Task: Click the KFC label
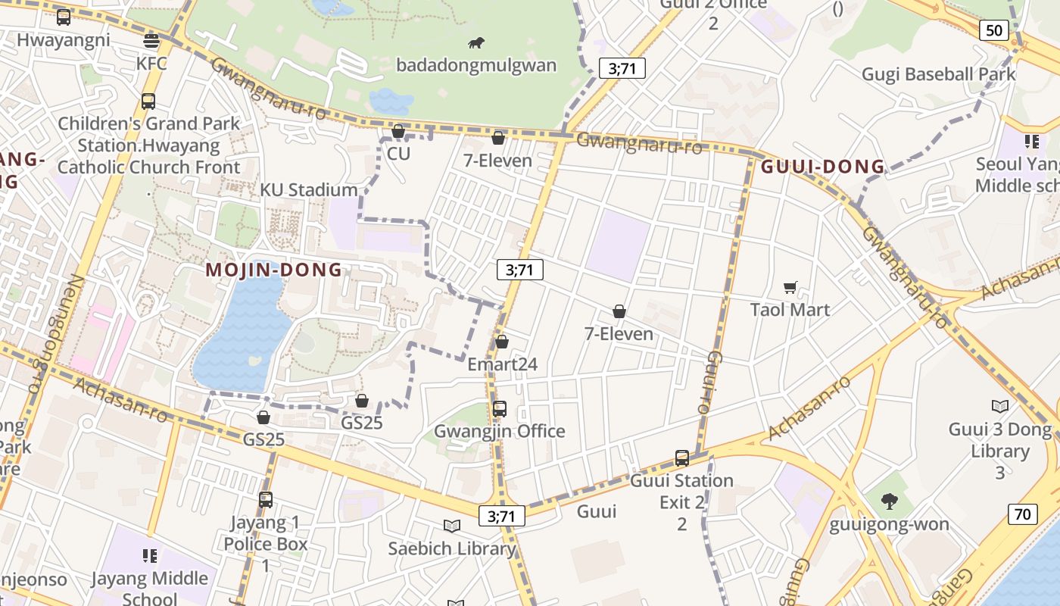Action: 151,64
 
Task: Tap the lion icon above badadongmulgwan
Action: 476,43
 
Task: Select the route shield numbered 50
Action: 993,30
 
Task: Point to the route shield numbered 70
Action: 1022,514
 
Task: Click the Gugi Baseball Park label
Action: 938,74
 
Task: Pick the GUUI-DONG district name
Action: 823,167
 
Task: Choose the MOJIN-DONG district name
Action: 274,270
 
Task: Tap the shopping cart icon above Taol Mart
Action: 790,288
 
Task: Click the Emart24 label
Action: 502,364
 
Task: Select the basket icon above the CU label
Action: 398,132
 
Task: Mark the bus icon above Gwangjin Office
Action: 500,409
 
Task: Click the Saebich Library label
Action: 452,548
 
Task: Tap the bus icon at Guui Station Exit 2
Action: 682,458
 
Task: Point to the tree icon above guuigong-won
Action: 889,501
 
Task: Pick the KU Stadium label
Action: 309,189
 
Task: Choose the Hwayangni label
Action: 63,40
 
